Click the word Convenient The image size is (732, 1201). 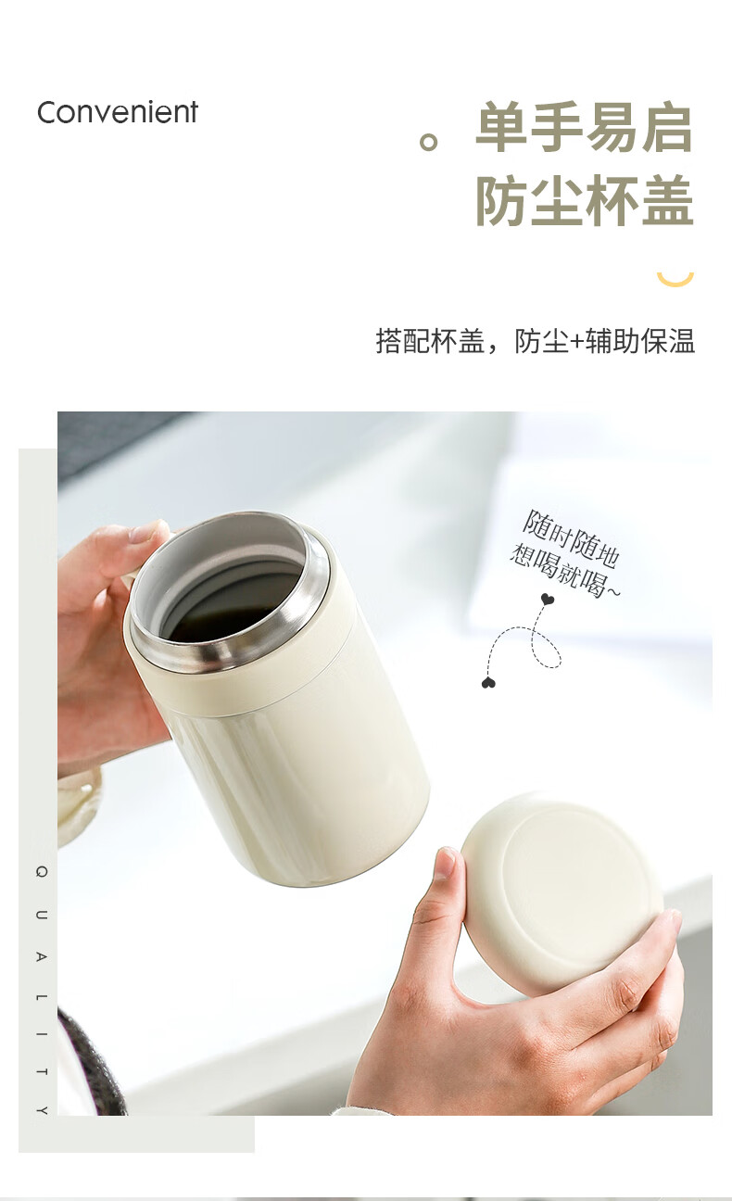tap(118, 113)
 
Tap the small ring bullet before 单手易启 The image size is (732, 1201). tap(428, 142)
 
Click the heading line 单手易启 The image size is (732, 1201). tap(584, 128)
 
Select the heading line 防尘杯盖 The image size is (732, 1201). tap(584, 200)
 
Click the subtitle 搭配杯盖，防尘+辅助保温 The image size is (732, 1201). tap(536, 341)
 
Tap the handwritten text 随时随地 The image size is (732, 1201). tap(572, 538)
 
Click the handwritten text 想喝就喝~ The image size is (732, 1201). tap(564, 571)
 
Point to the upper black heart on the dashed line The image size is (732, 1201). tap(547, 599)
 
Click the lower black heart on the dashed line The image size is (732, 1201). tap(488, 683)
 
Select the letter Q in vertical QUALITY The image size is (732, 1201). tap(42, 871)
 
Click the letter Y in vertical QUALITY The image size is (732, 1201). tap(42, 1110)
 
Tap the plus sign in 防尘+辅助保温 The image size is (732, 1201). tap(577, 342)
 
